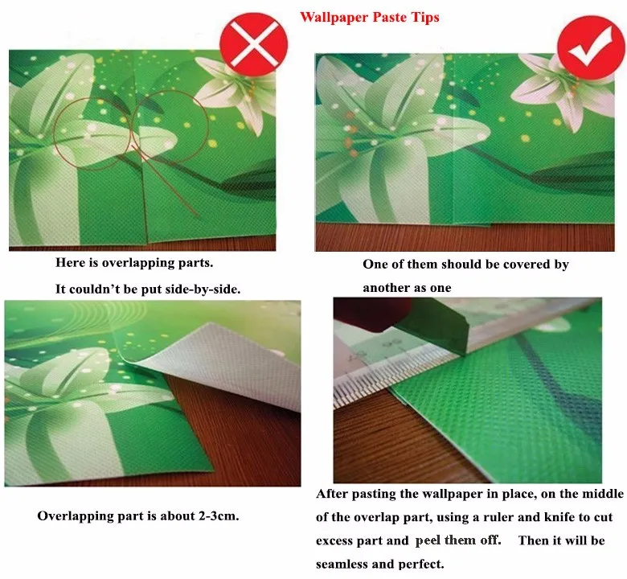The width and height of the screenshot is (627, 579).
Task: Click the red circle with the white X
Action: [x=253, y=43]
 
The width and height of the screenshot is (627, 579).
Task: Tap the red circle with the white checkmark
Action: [x=591, y=47]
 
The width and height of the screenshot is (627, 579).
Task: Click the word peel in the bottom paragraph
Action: [x=428, y=541]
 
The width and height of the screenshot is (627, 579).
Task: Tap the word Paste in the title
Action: [x=389, y=17]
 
